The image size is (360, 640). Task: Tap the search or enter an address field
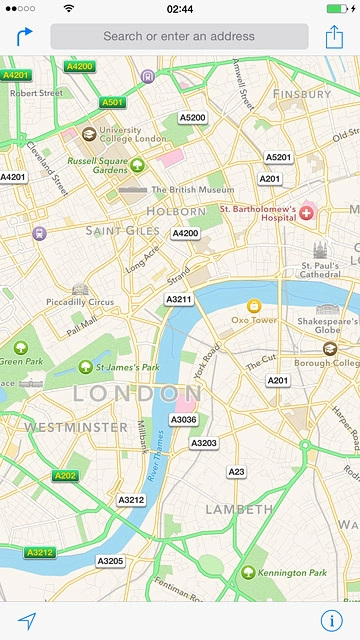(x=179, y=36)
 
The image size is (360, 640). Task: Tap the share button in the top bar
(x=334, y=37)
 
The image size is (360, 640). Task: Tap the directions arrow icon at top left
(x=23, y=37)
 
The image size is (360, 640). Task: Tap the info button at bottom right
(x=332, y=619)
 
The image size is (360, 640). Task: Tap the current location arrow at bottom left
(x=27, y=619)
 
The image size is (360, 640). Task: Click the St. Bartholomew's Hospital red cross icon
(x=306, y=212)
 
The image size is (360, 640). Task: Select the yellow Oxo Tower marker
(x=254, y=305)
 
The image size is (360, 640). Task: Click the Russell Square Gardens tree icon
(x=137, y=164)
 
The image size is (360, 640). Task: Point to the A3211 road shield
(x=179, y=299)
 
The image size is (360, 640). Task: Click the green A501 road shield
(x=112, y=102)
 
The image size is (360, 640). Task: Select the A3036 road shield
(x=184, y=420)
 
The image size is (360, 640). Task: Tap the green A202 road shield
(x=66, y=476)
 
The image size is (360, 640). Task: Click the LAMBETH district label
(x=239, y=509)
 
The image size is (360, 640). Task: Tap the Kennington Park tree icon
(x=247, y=572)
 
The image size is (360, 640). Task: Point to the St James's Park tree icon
(x=86, y=367)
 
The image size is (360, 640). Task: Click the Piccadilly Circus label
(x=79, y=302)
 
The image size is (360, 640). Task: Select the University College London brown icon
(x=89, y=133)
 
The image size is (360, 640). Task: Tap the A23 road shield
(x=236, y=471)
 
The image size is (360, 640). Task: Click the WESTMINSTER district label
(x=62, y=427)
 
